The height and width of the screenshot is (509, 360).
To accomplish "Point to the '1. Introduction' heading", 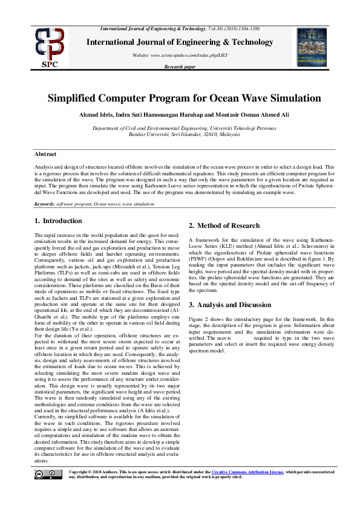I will click(x=58, y=221).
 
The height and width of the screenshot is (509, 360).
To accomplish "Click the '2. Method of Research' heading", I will click(x=224, y=225).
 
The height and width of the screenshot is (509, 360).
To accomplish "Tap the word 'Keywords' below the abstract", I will click(x=45, y=204).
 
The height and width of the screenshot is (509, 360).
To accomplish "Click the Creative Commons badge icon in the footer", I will click(x=51, y=474).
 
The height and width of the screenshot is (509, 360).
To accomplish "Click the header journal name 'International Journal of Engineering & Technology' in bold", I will click(x=180, y=42).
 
